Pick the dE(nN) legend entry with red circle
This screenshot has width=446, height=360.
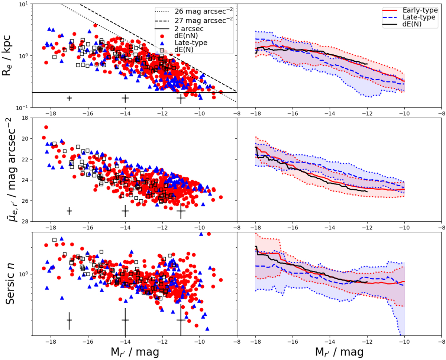(x=186, y=36)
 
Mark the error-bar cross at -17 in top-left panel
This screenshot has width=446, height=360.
(x=69, y=98)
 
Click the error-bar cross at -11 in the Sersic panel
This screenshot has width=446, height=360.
(x=181, y=320)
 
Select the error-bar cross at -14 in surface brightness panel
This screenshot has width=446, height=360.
(x=125, y=211)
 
